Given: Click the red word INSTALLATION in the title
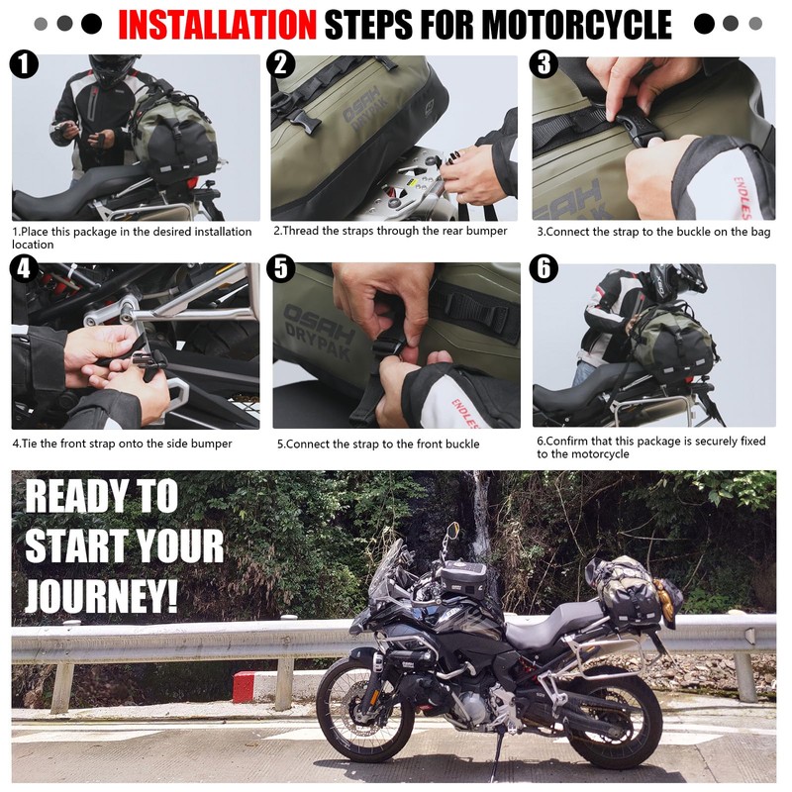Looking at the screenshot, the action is tap(217, 24).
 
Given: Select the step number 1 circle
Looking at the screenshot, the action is tap(24, 64).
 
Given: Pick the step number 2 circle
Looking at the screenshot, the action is tap(281, 64).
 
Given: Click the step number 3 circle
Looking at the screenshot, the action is tap(544, 64).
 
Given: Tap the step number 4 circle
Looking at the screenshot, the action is tap(24, 267).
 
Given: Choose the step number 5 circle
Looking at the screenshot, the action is tap(281, 267).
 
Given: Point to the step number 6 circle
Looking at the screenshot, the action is tap(544, 267).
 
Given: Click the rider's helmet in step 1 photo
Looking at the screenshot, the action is tap(114, 68).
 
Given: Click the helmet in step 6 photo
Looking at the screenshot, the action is tap(677, 279).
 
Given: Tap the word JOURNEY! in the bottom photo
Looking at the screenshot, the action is tap(102, 596).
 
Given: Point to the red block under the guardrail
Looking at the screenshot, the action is tap(244, 687).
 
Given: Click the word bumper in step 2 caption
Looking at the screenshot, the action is tap(486, 231).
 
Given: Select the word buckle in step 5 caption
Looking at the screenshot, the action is tap(461, 444).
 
